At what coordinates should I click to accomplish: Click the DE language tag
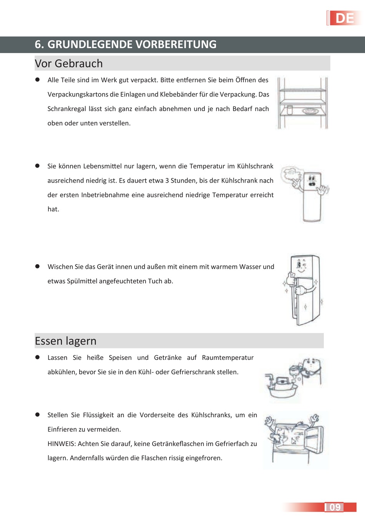click(345, 18)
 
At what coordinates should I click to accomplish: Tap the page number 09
click(335, 507)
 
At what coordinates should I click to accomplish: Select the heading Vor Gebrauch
click(68, 63)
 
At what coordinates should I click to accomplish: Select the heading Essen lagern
click(65, 341)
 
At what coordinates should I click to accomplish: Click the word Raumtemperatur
click(227, 358)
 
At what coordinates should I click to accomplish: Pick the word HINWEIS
click(61, 444)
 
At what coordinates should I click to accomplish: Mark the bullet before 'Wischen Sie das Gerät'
click(38, 266)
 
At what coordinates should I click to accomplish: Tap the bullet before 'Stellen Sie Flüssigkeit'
click(38, 415)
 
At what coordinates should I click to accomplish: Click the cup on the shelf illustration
click(290, 110)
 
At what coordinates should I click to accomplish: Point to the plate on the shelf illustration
click(310, 111)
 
